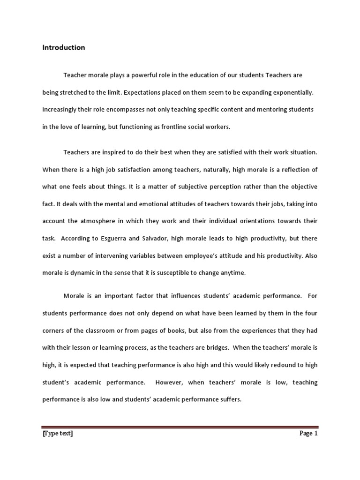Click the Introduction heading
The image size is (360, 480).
pos(64,47)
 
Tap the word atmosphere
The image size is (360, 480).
pos(94,221)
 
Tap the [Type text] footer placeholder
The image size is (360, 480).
pos(58,434)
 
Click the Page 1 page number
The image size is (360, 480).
pos(308,434)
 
